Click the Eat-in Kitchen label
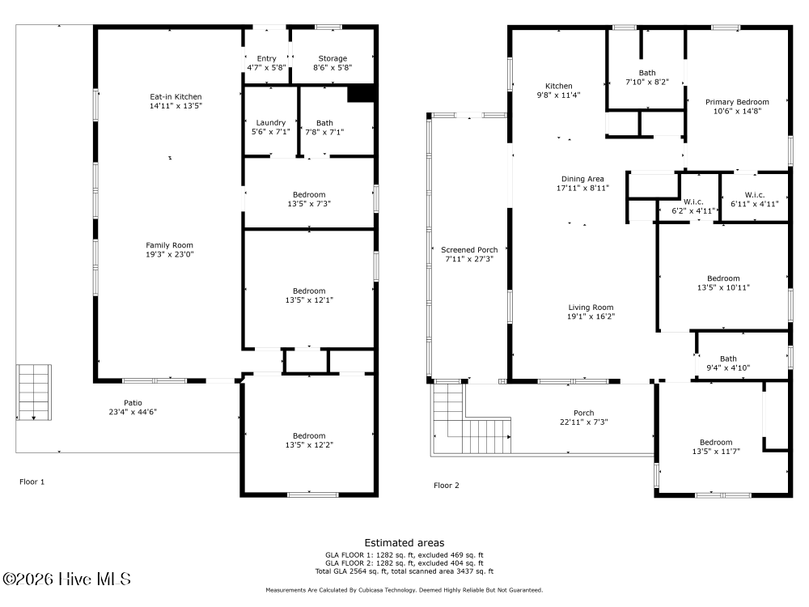pyautogui.click(x=176, y=96)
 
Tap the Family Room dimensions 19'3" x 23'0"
pyautogui.click(x=169, y=254)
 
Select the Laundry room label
pyautogui.click(x=271, y=123)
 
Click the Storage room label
pyautogui.click(x=332, y=58)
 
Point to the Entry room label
pyautogui.click(x=267, y=58)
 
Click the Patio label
pyautogui.click(x=133, y=402)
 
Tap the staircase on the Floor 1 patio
pyautogui.click(x=33, y=393)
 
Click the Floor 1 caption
pyautogui.click(x=32, y=482)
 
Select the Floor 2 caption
pyautogui.click(x=447, y=485)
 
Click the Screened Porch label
pyautogui.click(x=469, y=250)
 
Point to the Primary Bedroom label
pyautogui.click(x=737, y=102)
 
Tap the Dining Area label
pyautogui.click(x=582, y=179)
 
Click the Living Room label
pyautogui.click(x=591, y=308)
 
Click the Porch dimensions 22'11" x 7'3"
pyautogui.click(x=583, y=422)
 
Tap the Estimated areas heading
pyautogui.click(x=404, y=543)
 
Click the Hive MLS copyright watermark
pyautogui.click(x=66, y=579)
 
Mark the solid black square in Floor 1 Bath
pyautogui.click(x=361, y=93)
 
